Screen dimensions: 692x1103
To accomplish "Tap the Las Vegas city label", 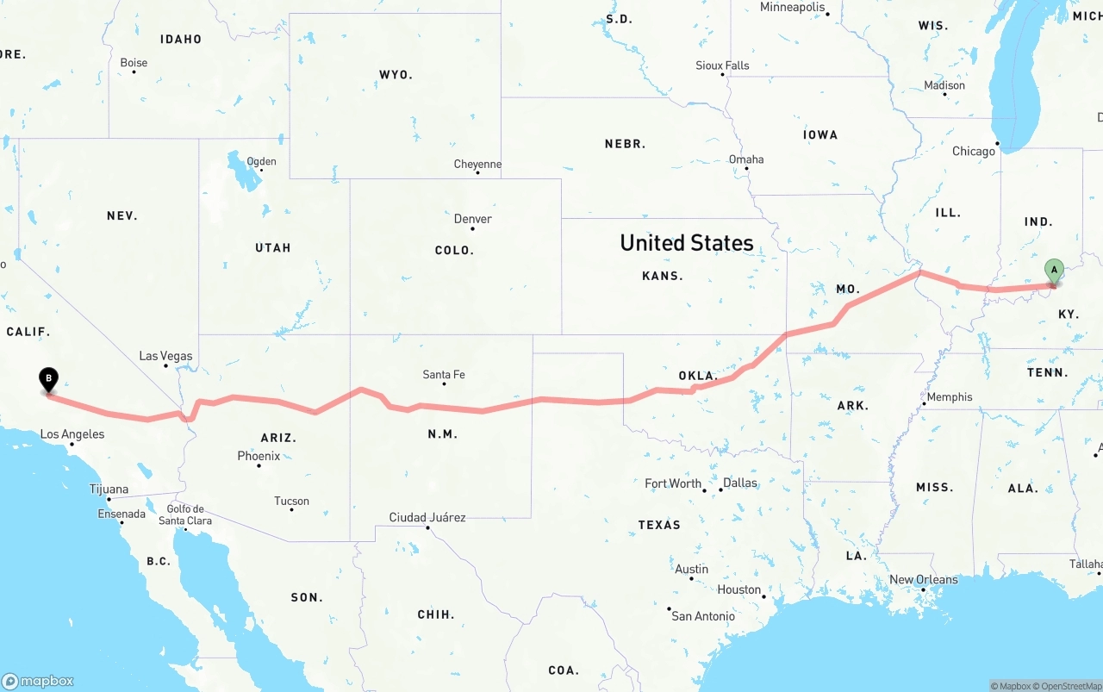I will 166,356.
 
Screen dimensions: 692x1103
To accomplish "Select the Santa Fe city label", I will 444,375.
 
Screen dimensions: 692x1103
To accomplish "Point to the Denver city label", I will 473,219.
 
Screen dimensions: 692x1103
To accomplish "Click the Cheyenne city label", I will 477,165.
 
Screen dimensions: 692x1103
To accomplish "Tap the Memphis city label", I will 950,397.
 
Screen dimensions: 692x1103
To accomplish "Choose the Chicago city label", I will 974,152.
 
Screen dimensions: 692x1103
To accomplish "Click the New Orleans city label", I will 924,580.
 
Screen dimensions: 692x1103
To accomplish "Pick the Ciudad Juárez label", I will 427,518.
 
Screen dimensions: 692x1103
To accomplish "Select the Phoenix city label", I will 259,456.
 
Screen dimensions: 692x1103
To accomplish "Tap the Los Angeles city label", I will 72,434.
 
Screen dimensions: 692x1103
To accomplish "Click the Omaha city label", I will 746,159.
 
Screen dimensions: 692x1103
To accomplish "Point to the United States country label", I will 687,243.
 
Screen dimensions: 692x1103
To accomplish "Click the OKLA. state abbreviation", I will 698,376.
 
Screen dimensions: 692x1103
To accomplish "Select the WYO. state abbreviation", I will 396,75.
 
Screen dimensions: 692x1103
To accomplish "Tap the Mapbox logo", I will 38,681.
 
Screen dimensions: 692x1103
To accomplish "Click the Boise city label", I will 134,63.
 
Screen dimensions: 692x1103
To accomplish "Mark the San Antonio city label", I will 703,616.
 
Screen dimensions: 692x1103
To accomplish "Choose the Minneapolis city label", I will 793,8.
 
